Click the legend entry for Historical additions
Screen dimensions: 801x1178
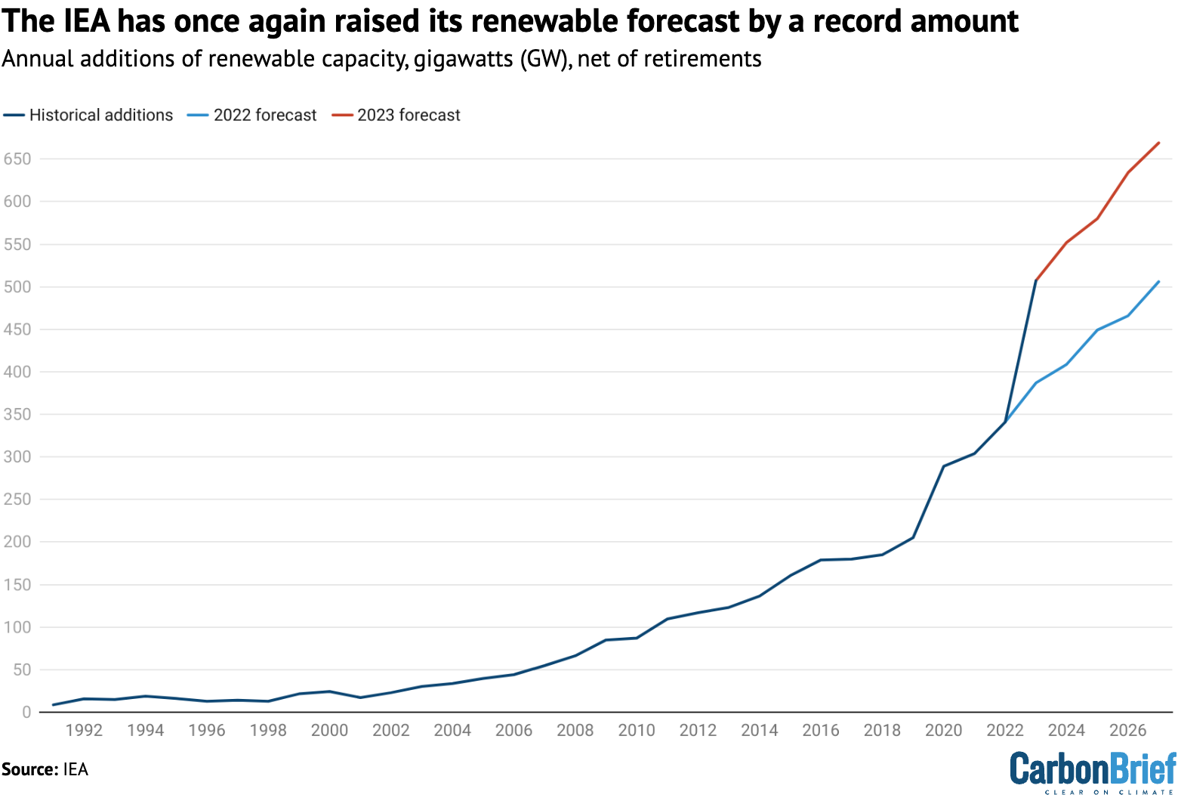(100, 115)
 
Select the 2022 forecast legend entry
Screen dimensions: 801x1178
(264, 115)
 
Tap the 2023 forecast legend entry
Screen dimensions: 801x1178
(409, 115)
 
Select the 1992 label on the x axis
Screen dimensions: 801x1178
(84, 730)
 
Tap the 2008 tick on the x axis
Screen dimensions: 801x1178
(575, 730)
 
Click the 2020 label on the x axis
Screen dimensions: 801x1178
(944, 730)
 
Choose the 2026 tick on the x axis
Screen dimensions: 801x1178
(1128, 730)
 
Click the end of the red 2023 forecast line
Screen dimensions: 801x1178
(1158, 143)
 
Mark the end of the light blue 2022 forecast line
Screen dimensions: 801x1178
(1158, 282)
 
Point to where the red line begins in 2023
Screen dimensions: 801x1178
(1036, 280)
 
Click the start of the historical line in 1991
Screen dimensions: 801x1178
(53, 705)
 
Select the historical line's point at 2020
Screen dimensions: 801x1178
(944, 466)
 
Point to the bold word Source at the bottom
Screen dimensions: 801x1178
(29, 770)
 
